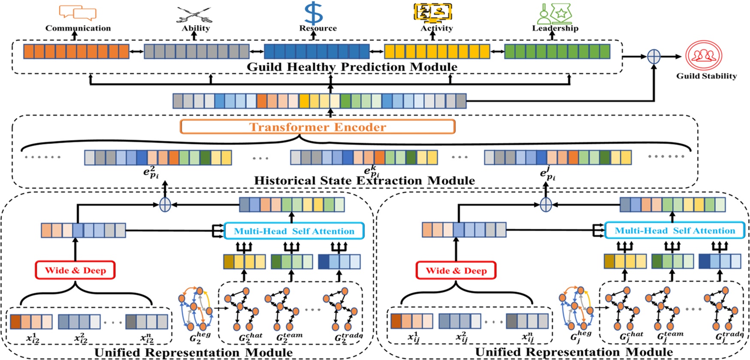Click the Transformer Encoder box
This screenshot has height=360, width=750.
click(318, 127)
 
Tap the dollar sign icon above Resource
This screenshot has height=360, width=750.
click(314, 13)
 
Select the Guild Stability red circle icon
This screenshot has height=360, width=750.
click(704, 55)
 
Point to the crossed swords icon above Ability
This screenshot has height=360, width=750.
click(194, 14)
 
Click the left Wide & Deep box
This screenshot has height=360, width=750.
click(75, 270)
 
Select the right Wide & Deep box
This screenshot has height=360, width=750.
click(456, 271)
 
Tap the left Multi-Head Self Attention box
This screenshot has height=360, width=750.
click(294, 231)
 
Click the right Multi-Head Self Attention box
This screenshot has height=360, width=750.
click(674, 230)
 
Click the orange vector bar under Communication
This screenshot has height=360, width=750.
click(76, 51)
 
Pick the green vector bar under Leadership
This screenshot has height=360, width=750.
click(557, 51)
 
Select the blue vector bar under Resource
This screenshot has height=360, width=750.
click(317, 51)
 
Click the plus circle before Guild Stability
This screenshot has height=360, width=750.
click(653, 56)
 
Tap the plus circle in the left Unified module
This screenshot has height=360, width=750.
click(165, 205)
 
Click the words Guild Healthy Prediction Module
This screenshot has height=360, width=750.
click(352, 67)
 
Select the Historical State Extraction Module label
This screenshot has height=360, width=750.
click(364, 181)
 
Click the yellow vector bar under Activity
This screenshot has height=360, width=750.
click(437, 51)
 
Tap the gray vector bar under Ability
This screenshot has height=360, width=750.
click(197, 51)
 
